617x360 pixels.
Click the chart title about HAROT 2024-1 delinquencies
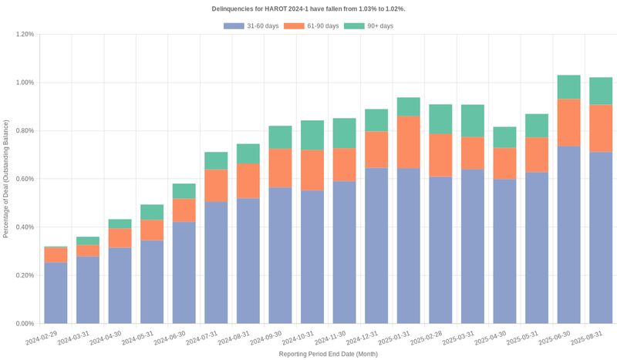308,8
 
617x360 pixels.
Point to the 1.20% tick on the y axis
24,35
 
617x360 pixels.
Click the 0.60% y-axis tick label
24,179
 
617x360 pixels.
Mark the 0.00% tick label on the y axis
24,324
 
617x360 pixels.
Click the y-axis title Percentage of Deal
6,179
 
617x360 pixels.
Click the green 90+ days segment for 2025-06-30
568,86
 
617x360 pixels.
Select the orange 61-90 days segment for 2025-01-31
408,142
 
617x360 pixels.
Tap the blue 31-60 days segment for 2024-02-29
56,293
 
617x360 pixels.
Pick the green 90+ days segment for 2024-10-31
312,135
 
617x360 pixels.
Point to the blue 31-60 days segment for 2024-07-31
216,262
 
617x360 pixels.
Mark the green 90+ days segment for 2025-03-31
472,120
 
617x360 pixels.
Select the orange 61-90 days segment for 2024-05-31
152,230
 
